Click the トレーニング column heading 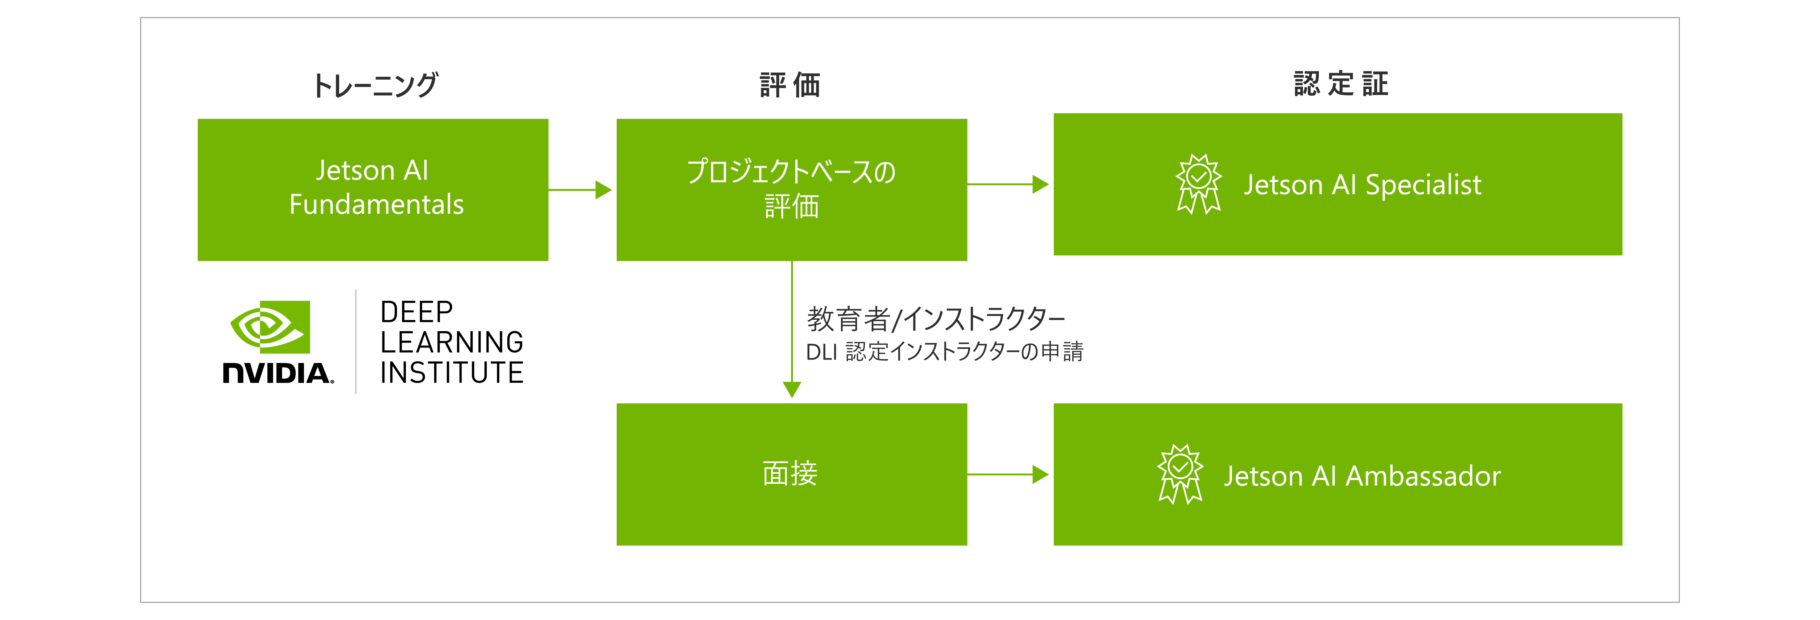(x=375, y=85)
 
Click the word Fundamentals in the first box (x=376, y=205)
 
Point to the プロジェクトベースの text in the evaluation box (x=791, y=171)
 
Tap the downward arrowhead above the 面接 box (x=792, y=389)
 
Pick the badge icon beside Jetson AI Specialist (x=1198, y=184)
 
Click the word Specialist (x=1423, y=185)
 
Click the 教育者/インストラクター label (x=936, y=319)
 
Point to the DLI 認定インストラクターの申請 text (x=945, y=352)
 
